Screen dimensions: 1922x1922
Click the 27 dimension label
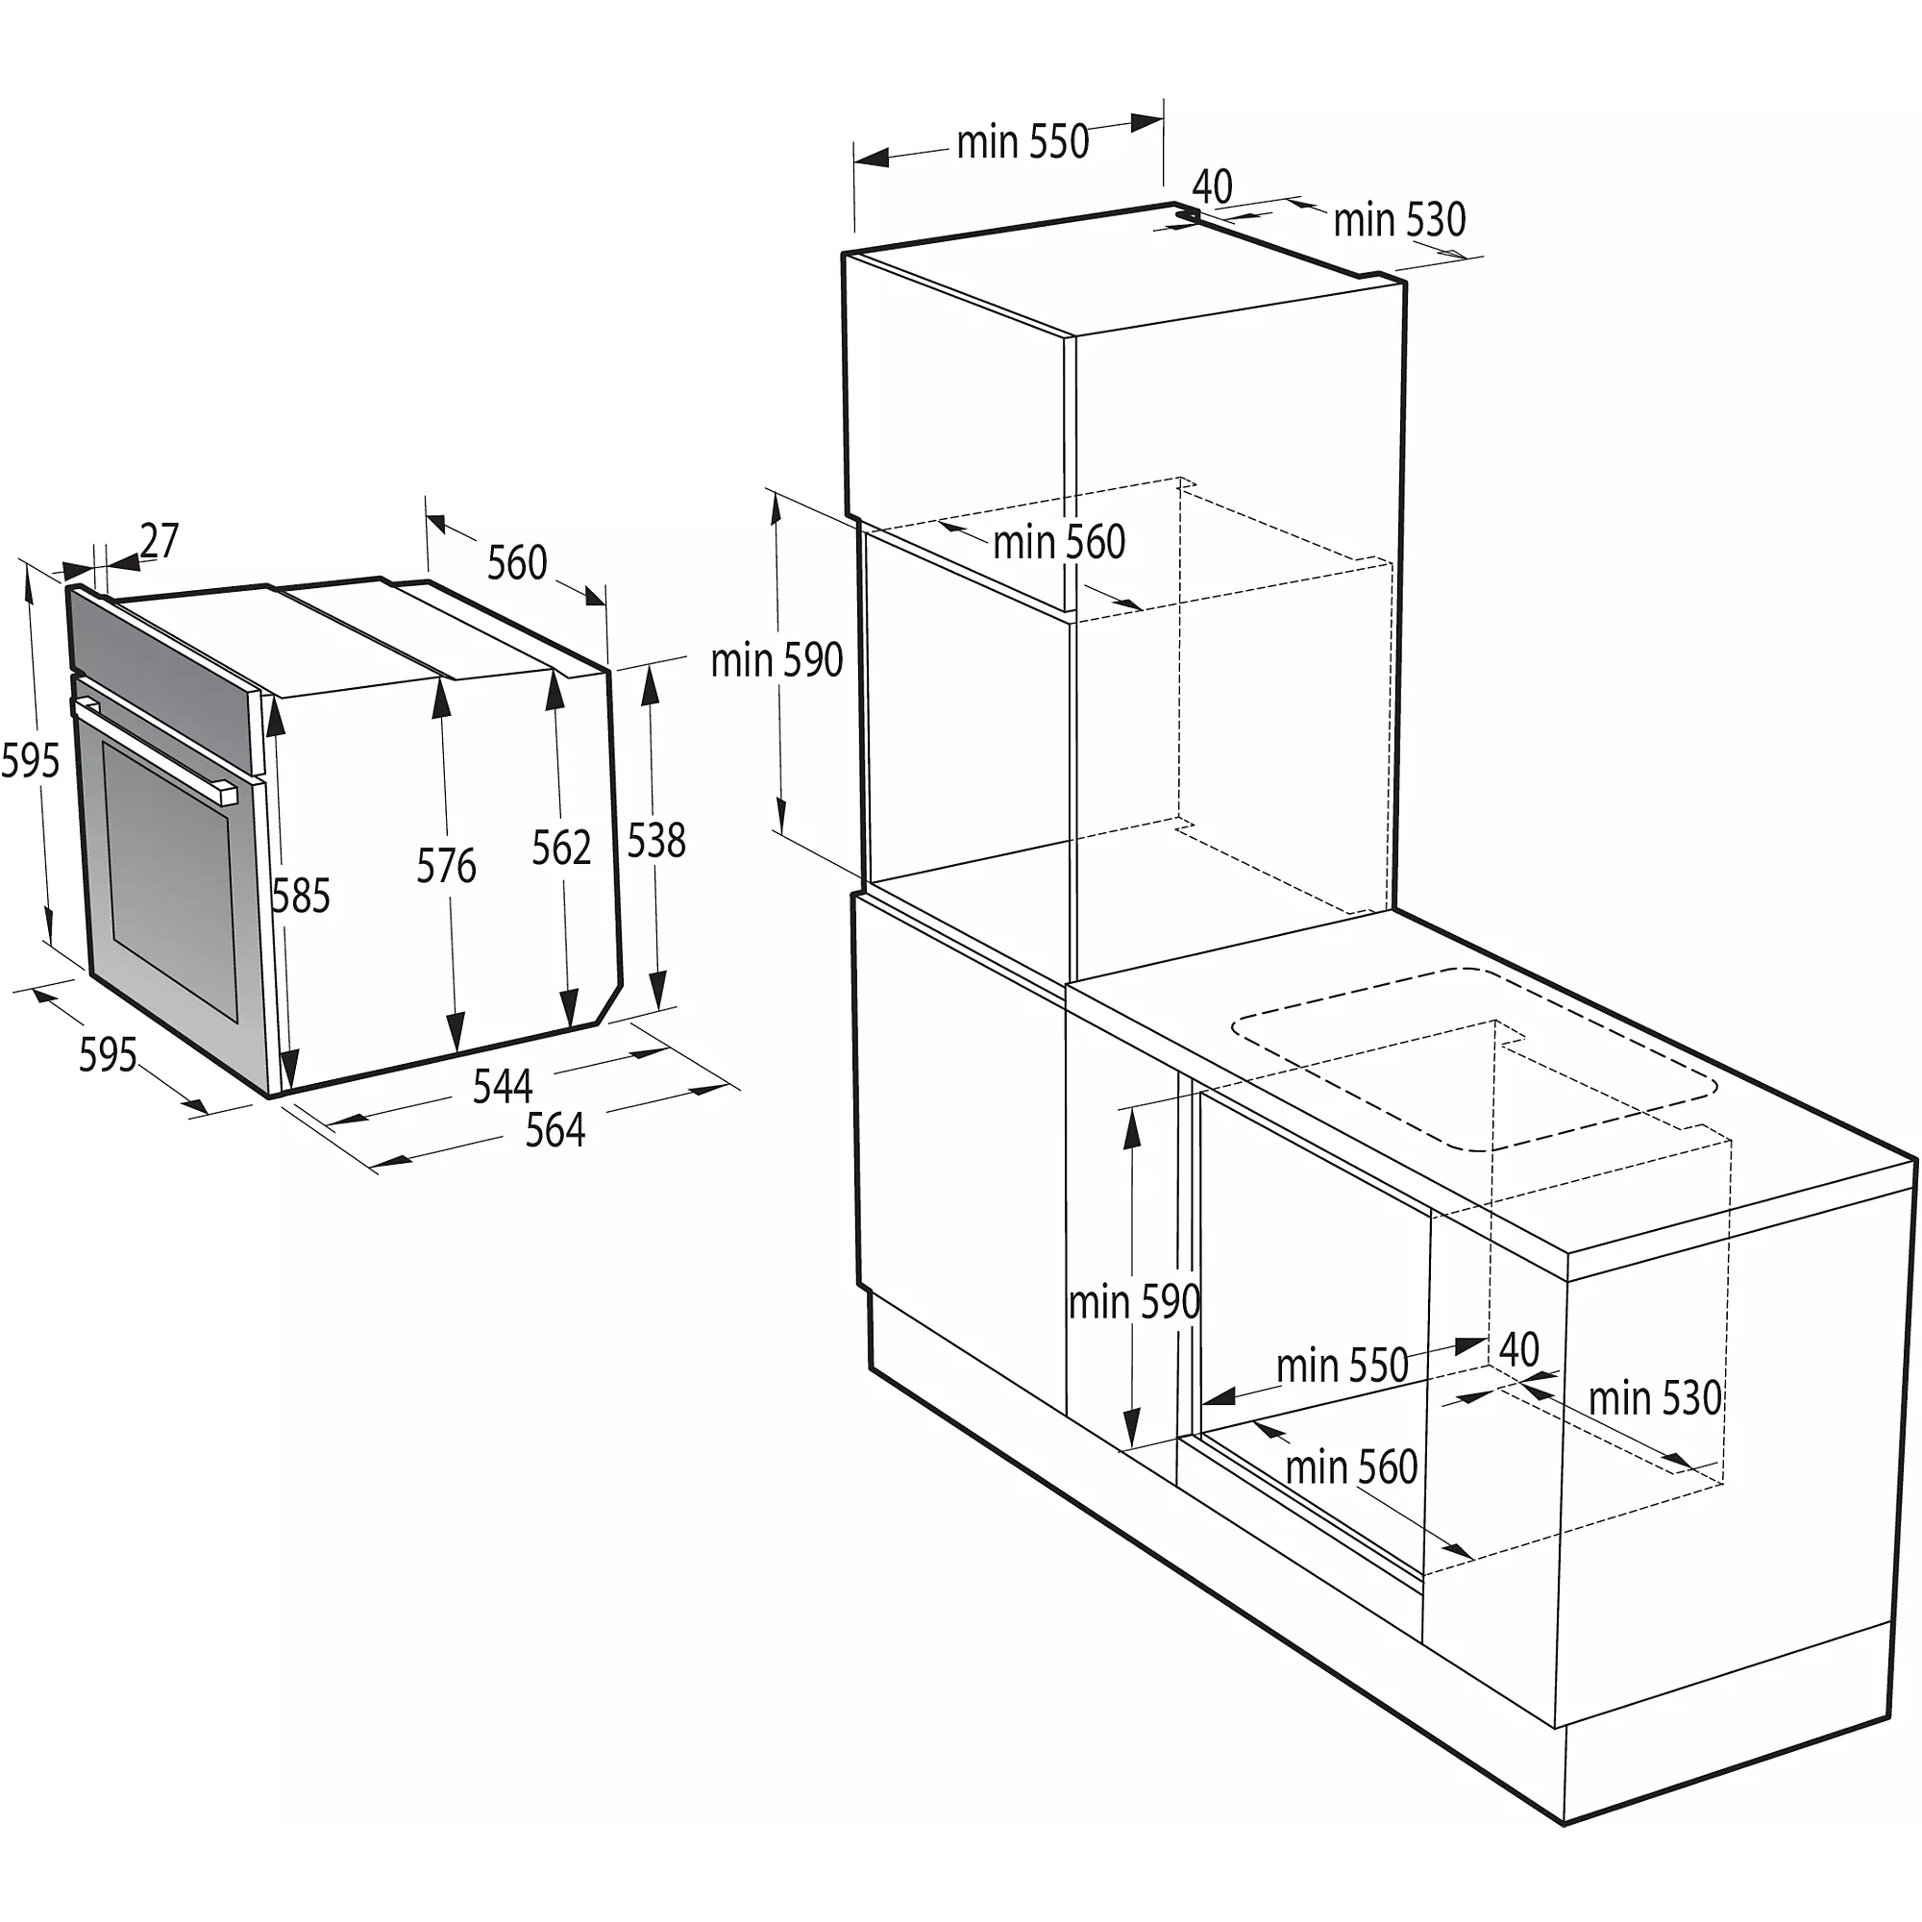(160, 541)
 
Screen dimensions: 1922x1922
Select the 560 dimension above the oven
(516, 562)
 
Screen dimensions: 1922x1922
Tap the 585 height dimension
(301, 896)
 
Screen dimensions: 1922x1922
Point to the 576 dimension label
(446, 866)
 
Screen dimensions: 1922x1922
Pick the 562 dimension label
(561, 848)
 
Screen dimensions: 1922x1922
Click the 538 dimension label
(656, 841)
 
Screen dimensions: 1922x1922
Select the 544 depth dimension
(503, 1085)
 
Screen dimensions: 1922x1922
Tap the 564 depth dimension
(555, 1130)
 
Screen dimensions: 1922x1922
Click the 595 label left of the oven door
(30, 761)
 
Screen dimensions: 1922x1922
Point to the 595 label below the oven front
(108, 1054)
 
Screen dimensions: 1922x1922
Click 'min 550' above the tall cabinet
(1023, 142)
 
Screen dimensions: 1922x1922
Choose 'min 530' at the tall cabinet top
(1398, 220)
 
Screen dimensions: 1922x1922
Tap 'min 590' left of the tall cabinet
(776, 660)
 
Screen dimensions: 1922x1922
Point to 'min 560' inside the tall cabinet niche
(1058, 543)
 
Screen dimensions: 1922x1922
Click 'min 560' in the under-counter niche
(1351, 1467)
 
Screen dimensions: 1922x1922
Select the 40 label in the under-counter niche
(1518, 1350)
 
